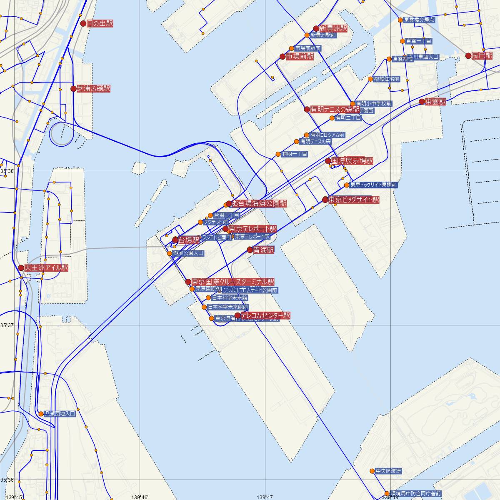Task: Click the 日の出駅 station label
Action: point(100,24)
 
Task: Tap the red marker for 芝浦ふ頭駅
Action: point(74,89)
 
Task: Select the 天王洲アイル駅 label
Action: point(46,268)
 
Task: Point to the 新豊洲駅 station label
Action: point(333,29)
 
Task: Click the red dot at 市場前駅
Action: point(282,57)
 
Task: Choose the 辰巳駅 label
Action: point(482,56)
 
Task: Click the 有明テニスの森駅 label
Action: point(335,110)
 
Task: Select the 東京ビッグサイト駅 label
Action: point(354,200)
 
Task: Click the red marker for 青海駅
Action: point(250,250)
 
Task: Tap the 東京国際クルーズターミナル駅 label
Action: point(233,282)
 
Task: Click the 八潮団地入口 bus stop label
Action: point(60,414)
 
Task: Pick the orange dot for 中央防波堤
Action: point(372,471)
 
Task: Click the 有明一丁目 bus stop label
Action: point(294,154)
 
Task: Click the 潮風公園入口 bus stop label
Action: point(188,253)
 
